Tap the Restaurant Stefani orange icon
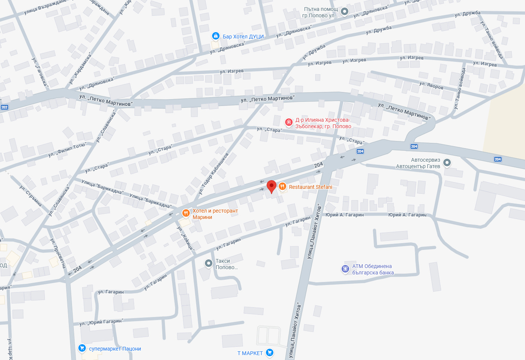point(282,187)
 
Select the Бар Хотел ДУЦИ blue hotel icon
point(215,36)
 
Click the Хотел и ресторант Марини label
point(215,214)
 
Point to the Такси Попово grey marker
point(209,263)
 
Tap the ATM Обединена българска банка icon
point(345,269)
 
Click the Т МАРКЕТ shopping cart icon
point(269,353)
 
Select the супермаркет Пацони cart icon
point(82,348)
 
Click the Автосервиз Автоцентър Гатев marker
point(447,163)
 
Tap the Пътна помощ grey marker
point(344,11)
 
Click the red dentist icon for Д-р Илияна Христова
point(289,122)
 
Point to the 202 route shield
point(5,107)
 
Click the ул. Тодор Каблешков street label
point(214,173)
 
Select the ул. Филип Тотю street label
point(67,150)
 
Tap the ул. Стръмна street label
point(31,196)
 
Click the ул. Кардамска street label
point(80,69)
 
